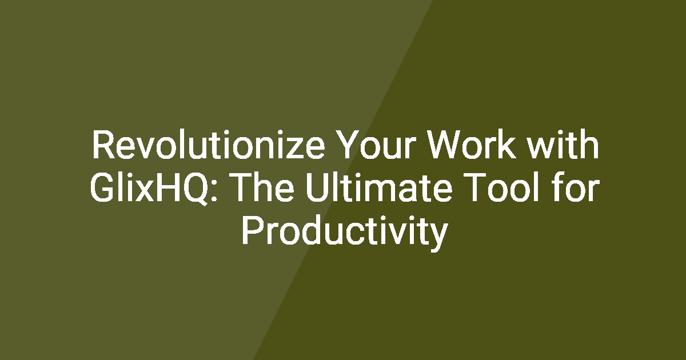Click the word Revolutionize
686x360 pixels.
208,144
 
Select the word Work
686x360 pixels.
472,144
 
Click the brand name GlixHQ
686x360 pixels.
150,187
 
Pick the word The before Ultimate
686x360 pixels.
262,187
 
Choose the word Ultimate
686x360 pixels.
379,187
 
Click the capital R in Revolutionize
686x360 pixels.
103,144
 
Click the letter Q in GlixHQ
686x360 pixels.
196,189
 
